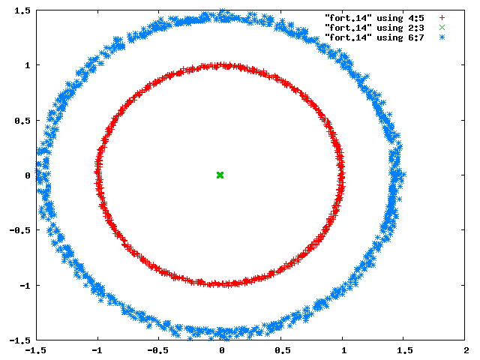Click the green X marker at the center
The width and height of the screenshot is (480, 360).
pos(220,175)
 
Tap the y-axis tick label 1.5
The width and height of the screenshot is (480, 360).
pos(22,10)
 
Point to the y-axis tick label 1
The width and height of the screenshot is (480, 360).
pos(28,65)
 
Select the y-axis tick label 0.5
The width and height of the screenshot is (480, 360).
pos(22,121)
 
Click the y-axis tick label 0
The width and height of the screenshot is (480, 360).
pos(28,175)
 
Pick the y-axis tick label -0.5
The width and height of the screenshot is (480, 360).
pos(20,230)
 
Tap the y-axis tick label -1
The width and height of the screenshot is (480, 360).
pos(25,285)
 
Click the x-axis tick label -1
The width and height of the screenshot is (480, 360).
pos(97,350)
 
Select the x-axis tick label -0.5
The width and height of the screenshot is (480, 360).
pos(158,350)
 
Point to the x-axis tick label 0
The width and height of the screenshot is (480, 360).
pos(222,350)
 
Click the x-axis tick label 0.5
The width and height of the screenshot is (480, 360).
pos(283,350)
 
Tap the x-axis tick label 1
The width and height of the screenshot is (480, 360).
pos(344,350)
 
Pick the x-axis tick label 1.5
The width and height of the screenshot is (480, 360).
pos(405,350)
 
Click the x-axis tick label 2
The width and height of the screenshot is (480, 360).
pos(466,350)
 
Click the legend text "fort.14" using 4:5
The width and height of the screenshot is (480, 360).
pos(374,18)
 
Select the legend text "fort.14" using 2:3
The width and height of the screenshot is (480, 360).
pos(374,28)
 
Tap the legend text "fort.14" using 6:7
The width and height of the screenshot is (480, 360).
pos(374,37)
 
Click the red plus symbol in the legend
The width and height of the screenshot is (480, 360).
pos(442,18)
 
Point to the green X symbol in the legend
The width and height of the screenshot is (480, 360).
pos(442,28)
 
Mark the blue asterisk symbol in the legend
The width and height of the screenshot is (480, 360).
pos(442,37)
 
